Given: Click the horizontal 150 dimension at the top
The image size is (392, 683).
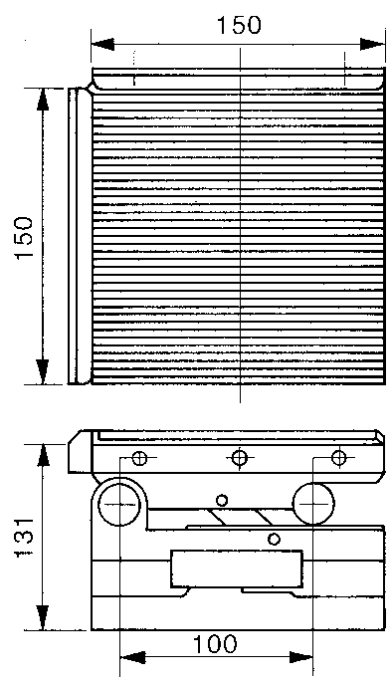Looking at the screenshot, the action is (x=239, y=25).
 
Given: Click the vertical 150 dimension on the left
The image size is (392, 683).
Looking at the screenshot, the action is (x=24, y=237).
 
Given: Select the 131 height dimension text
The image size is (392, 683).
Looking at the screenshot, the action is (x=24, y=538).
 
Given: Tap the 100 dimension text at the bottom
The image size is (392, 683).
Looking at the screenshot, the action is (x=215, y=644).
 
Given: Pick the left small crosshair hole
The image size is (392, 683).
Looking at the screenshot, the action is (x=139, y=458).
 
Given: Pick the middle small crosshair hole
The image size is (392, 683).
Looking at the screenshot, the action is (x=239, y=458).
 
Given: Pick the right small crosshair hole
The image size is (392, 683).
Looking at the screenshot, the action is (x=338, y=457).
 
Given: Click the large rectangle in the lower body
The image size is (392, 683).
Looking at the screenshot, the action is (x=237, y=569).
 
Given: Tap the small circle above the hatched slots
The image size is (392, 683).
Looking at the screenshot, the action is (x=222, y=500).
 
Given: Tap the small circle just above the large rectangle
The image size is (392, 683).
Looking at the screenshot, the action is (x=274, y=540).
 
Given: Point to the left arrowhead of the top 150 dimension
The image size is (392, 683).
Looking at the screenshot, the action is (x=103, y=44).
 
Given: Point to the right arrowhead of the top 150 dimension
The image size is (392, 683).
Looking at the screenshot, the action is (x=373, y=44).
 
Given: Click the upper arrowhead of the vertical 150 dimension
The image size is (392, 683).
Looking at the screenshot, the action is (x=43, y=101).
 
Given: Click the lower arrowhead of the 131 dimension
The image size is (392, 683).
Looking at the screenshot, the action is (x=43, y=617).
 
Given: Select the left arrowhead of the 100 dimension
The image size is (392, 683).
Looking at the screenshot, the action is (x=132, y=657).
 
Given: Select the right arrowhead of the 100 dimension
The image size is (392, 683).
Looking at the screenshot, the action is (x=300, y=657).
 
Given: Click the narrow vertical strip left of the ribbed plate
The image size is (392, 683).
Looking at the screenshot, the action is (x=73, y=236).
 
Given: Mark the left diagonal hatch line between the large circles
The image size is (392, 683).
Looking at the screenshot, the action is (x=215, y=517).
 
